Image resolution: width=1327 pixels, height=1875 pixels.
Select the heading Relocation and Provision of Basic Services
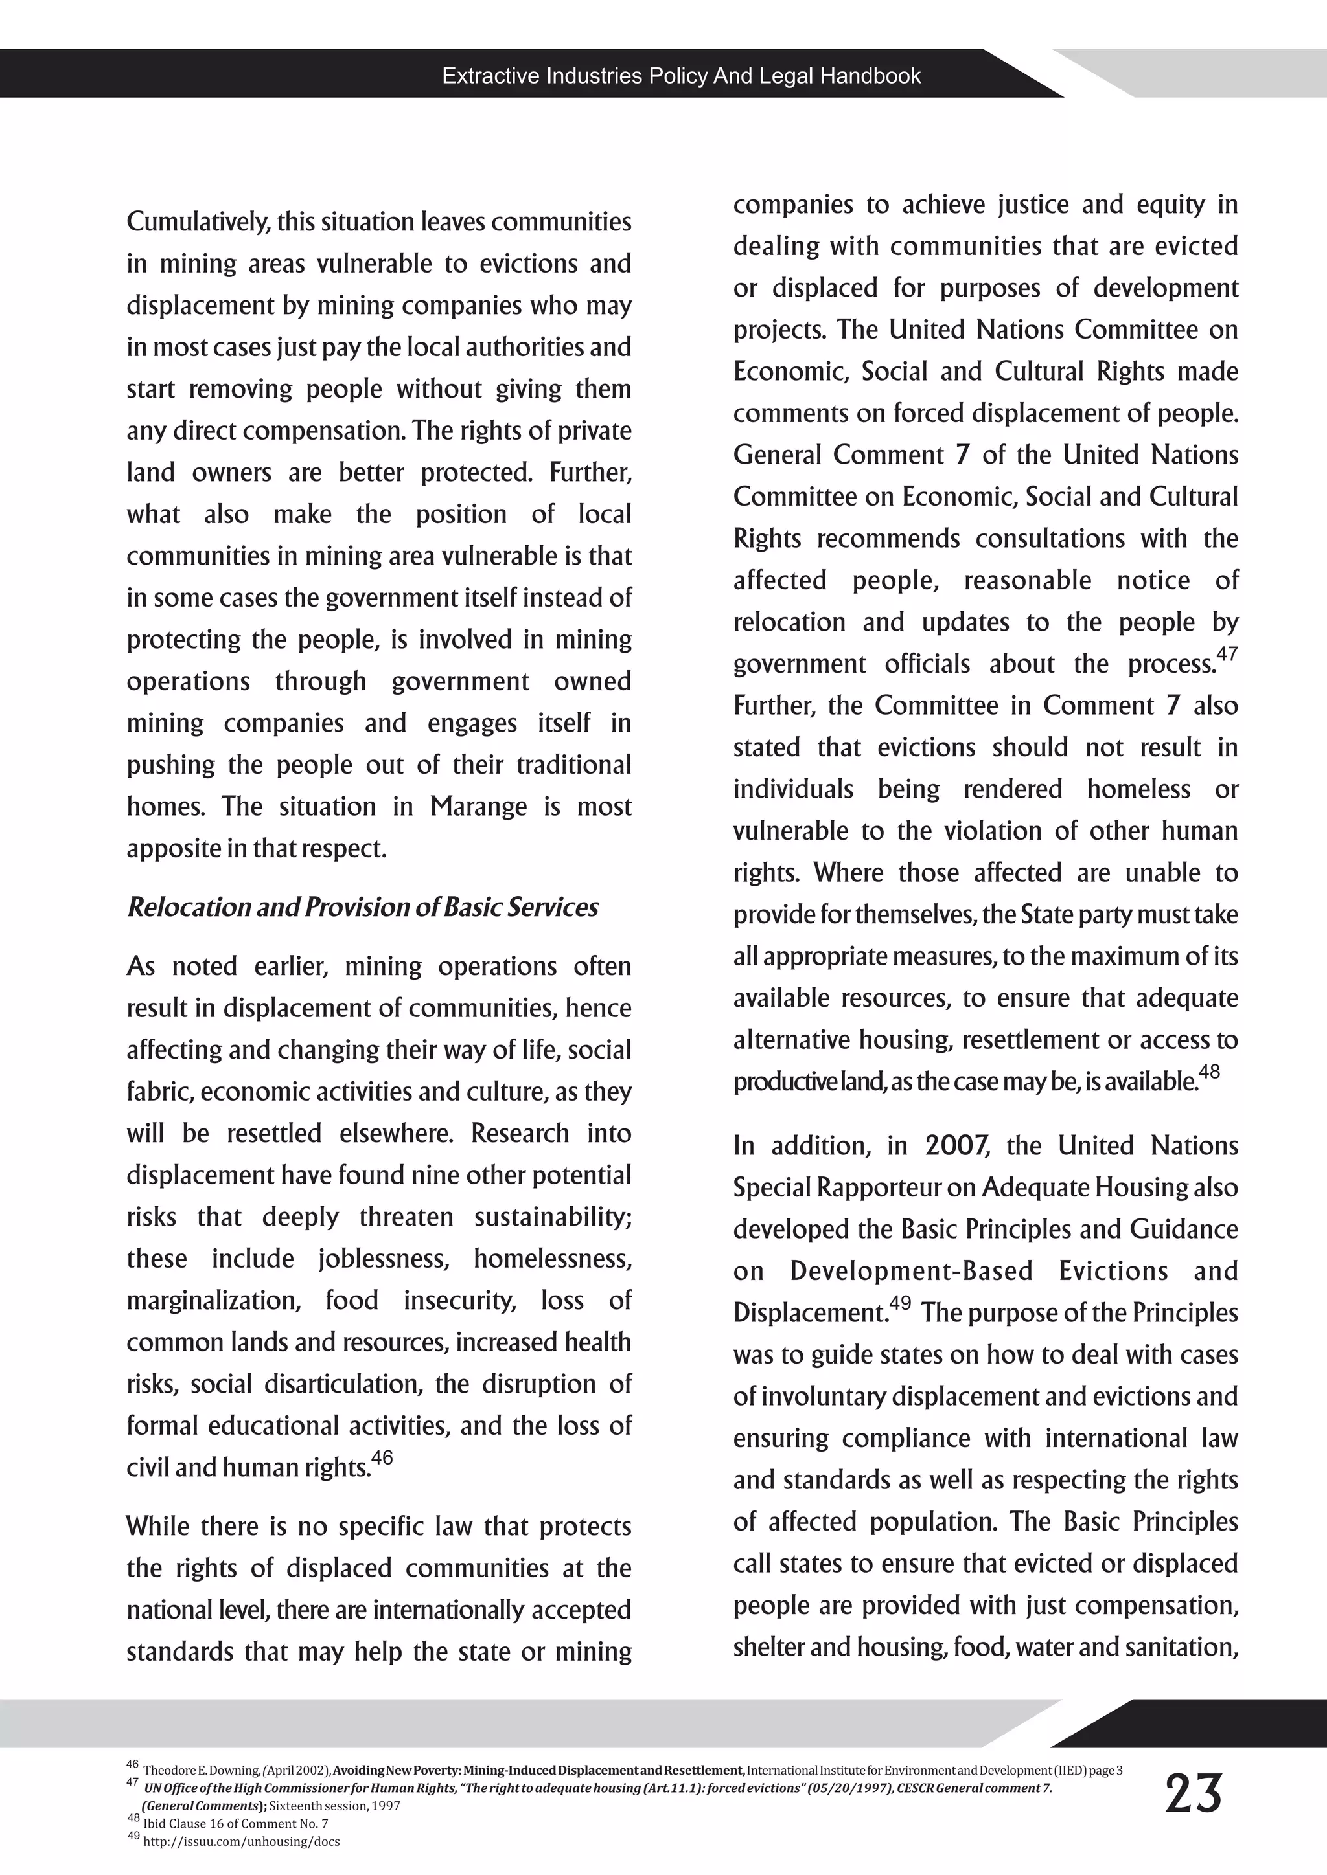[x=362, y=907]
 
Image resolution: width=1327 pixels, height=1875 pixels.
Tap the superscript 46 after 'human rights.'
[x=382, y=1457]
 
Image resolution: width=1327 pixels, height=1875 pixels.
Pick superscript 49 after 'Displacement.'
[x=901, y=1303]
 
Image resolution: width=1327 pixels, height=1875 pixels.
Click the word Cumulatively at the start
[x=197, y=222]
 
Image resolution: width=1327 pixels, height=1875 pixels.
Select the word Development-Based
[x=911, y=1271]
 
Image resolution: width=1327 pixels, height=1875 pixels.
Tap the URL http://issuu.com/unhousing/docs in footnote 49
[x=241, y=1841]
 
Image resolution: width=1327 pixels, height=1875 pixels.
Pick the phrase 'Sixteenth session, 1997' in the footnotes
[x=334, y=1806]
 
